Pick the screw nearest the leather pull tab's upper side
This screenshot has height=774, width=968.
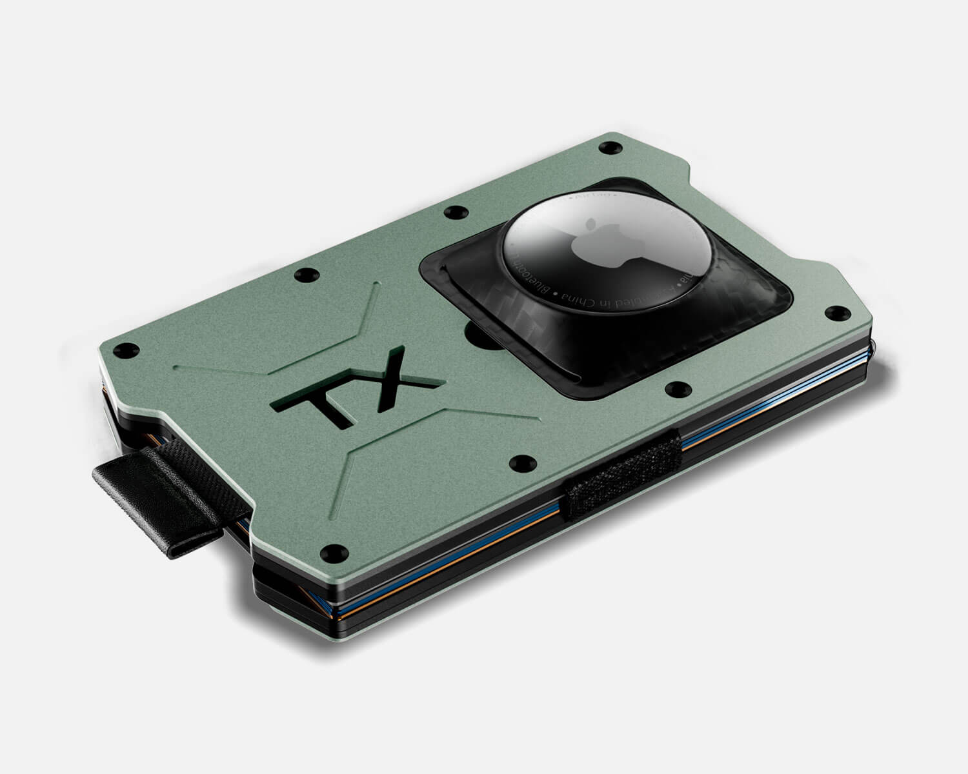click(118, 352)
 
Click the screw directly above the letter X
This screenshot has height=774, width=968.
click(305, 275)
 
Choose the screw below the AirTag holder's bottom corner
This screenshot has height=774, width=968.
click(676, 389)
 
